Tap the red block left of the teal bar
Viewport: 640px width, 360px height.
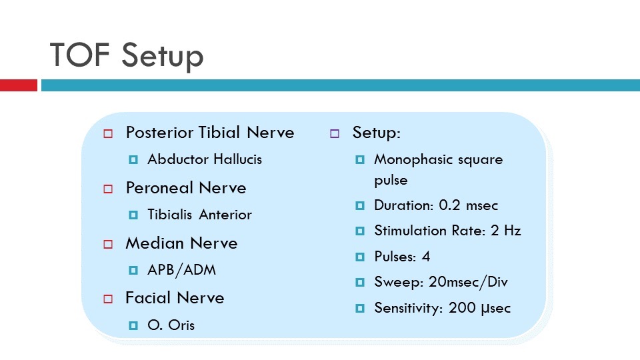coord(19,85)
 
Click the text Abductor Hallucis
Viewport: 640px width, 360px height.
coord(205,159)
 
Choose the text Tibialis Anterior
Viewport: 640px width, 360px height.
coord(199,215)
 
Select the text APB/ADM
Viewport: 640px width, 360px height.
coord(181,270)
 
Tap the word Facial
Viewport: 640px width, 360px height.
coord(147,298)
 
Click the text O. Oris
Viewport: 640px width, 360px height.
coord(171,325)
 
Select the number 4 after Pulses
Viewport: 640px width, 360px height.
coord(426,257)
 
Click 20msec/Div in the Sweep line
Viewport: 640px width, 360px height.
coord(468,282)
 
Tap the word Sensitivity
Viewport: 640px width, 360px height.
coord(405,308)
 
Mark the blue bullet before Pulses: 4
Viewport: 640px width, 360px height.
coord(360,257)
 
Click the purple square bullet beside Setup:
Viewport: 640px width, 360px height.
coord(335,134)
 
